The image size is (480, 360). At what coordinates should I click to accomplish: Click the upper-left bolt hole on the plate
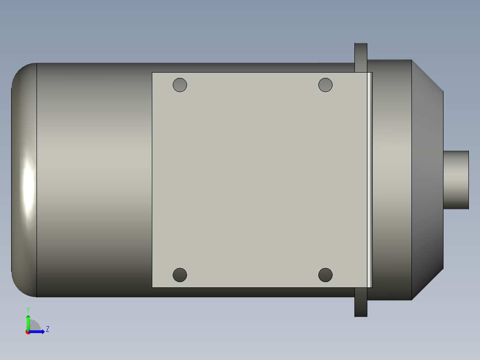(x=180, y=85)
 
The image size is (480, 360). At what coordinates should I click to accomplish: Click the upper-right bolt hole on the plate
(x=325, y=85)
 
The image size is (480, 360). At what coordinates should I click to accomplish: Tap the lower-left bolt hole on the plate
(x=180, y=275)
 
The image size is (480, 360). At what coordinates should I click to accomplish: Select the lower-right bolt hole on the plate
(x=325, y=275)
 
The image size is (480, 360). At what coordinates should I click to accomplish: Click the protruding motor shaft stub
(x=456, y=180)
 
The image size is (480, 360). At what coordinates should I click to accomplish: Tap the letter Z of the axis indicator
(x=48, y=329)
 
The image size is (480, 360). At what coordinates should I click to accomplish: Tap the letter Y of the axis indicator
(x=28, y=309)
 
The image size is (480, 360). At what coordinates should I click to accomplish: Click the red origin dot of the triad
(x=28, y=332)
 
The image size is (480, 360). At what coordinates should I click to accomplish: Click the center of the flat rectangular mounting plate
(x=260, y=180)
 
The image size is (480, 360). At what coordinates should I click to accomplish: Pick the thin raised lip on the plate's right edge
(x=369, y=180)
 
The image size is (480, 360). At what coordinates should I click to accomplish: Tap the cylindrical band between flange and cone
(x=392, y=180)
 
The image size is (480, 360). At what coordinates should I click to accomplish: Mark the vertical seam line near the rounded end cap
(x=37, y=180)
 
